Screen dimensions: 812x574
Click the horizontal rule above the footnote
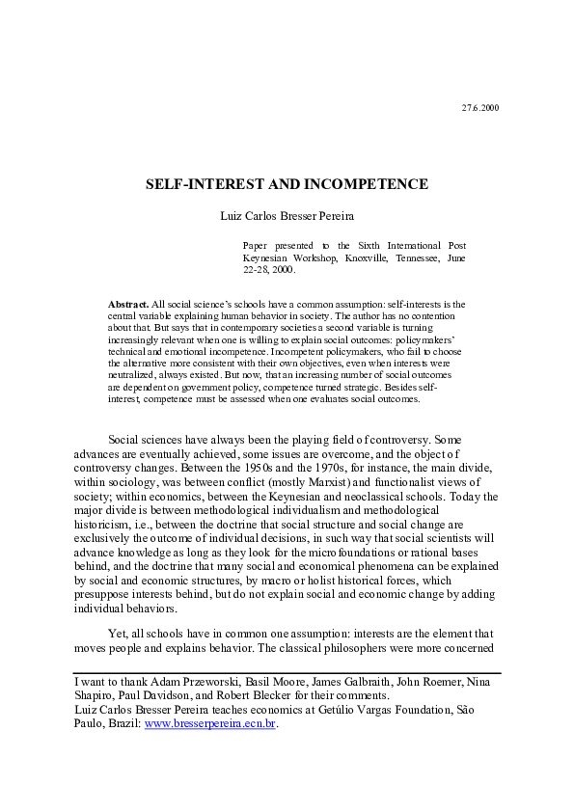[287, 672]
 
